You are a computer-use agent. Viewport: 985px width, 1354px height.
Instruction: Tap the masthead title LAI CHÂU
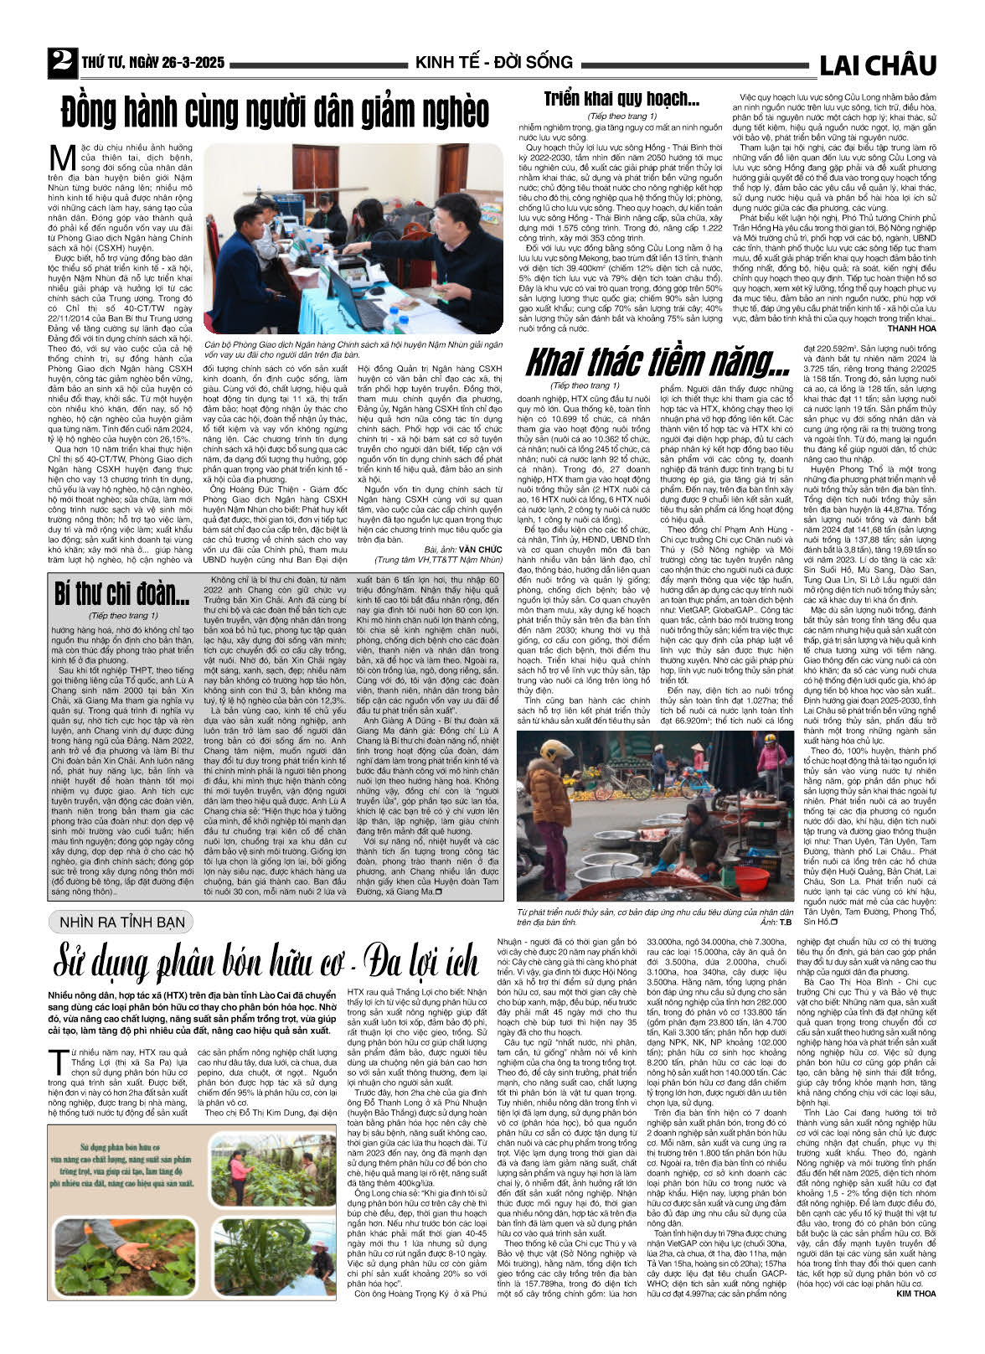coord(877,65)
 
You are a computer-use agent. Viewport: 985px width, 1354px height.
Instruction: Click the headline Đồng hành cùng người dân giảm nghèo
coord(275,111)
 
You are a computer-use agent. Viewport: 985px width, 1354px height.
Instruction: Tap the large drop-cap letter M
coord(63,158)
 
